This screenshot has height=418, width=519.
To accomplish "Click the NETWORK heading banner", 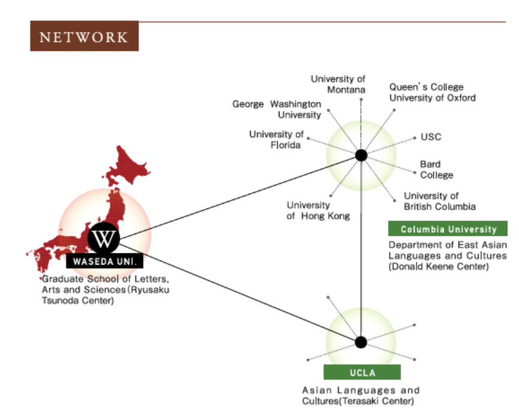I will (84, 37).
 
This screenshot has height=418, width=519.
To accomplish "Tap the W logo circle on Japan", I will (104, 238).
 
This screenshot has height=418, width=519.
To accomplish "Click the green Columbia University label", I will (448, 229).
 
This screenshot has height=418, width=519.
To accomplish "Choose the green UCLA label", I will (362, 372).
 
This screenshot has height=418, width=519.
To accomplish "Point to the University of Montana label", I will (338, 84).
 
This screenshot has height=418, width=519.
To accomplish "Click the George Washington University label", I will (277, 109).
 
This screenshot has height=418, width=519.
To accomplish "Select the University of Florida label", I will (276, 139).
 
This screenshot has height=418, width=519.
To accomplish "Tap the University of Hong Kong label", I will (317, 211).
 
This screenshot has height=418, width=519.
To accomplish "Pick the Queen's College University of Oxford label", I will (432, 92).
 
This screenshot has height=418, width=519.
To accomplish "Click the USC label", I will (430, 137).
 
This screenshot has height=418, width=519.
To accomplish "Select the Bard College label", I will (436, 169).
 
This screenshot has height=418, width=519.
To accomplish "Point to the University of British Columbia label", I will (439, 201).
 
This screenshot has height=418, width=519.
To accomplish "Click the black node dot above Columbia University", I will (361, 156).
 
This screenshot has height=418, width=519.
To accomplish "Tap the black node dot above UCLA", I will (360, 343).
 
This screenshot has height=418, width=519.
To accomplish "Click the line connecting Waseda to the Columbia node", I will (239, 196).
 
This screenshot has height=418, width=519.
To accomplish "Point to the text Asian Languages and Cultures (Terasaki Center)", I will (360, 395).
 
